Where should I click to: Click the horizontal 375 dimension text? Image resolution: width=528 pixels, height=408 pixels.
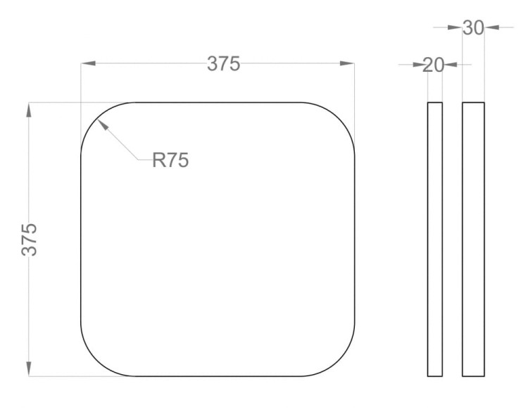[x=223, y=63]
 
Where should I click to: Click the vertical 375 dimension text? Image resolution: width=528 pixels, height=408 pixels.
[x=30, y=240]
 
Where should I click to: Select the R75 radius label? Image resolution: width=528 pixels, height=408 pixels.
[x=170, y=160]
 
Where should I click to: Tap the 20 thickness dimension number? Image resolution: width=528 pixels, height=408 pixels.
[x=433, y=65]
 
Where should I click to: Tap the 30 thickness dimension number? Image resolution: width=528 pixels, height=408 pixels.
[x=473, y=27]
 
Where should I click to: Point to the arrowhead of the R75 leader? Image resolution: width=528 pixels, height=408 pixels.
[x=103, y=124]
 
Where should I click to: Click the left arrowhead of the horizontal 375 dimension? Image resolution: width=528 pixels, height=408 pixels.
[x=88, y=63]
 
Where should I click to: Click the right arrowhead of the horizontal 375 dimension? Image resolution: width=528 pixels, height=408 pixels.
[x=347, y=63]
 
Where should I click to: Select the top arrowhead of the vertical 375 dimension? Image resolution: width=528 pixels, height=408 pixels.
[x=29, y=110]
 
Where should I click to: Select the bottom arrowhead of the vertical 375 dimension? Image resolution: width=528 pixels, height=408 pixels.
[x=29, y=369]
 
